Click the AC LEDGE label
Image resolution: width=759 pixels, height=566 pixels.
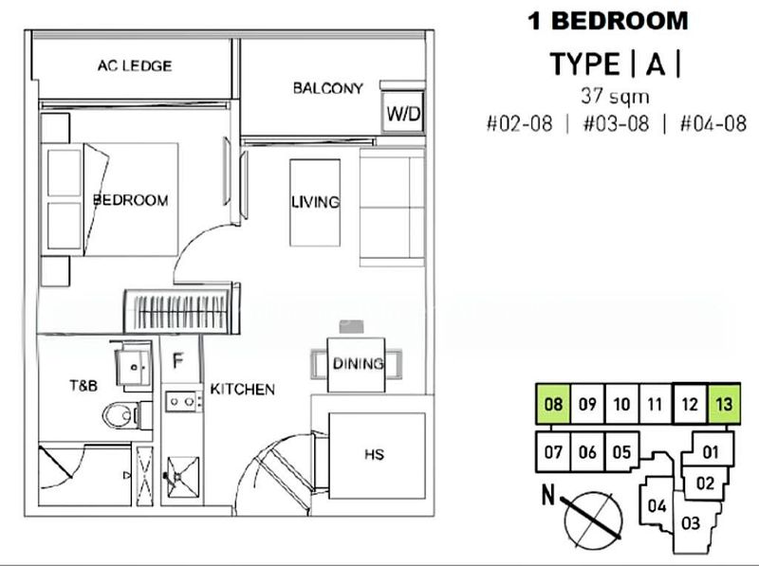coord(134,66)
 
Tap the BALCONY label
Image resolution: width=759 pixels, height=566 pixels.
coord(327,88)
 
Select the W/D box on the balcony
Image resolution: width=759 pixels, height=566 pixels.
coord(402,114)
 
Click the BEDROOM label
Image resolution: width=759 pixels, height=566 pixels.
coord(130,200)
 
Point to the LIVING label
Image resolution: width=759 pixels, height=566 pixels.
coord(315,202)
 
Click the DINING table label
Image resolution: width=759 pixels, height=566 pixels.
coord(357,363)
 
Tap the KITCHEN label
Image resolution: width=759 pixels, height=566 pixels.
coord(243,389)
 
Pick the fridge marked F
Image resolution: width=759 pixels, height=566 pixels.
coord(176,360)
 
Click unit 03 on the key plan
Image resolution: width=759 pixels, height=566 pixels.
coord(690,521)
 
